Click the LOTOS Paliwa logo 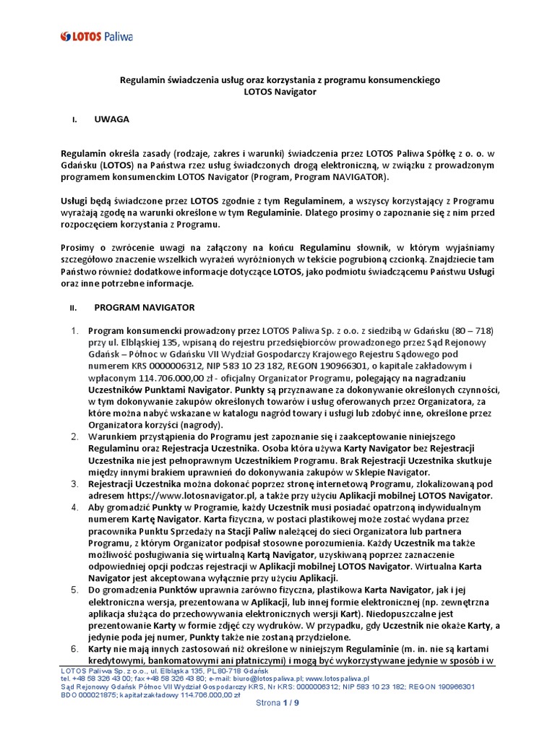[x=97, y=35]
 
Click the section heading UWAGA [x=112, y=119]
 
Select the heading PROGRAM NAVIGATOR [x=145, y=307]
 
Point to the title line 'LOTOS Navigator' [x=277, y=92]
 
